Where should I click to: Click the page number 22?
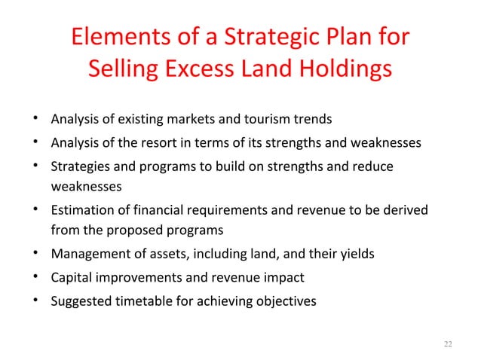point(449,344)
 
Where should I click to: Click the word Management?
point(86,254)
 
